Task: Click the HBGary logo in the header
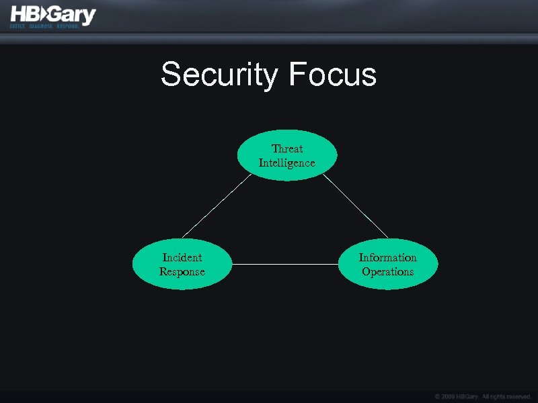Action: coord(52,16)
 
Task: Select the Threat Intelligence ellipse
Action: coord(287,156)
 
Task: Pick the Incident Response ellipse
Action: coord(182,265)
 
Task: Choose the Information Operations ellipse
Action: coord(388,265)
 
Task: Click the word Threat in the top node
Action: coord(287,148)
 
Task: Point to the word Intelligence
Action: coord(287,163)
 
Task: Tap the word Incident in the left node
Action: coord(182,257)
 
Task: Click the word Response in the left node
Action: coord(182,272)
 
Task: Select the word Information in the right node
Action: coord(388,257)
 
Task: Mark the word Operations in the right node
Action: coord(388,272)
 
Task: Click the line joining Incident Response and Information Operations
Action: coord(285,264)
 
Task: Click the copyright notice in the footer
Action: coord(483,396)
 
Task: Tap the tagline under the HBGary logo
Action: coord(44,26)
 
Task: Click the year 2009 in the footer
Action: coord(449,396)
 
